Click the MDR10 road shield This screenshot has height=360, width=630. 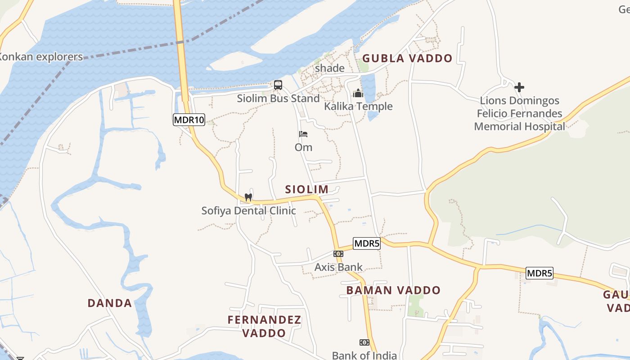click(189, 120)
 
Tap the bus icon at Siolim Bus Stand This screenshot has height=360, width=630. click(278, 85)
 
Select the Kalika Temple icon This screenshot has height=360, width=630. click(358, 93)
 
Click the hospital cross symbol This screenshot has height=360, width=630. click(519, 87)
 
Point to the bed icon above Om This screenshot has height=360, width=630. click(303, 134)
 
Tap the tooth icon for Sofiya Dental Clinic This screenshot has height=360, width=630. click(248, 197)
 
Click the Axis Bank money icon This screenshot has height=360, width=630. click(338, 254)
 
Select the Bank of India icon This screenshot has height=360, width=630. click(364, 342)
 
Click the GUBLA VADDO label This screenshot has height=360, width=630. click(407, 58)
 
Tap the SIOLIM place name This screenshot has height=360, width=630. click(307, 189)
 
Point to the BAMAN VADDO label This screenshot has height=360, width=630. click(393, 290)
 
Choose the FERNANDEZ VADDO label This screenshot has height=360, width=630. click(264, 326)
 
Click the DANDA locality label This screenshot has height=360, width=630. click(110, 303)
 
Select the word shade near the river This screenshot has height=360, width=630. click(329, 68)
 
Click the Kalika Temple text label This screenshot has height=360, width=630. click(359, 107)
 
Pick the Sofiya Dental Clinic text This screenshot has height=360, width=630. click(248, 211)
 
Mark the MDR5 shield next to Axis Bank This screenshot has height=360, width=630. click(367, 243)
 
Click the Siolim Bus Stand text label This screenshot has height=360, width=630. click(279, 99)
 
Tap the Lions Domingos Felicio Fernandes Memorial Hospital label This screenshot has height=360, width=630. click(519, 113)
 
